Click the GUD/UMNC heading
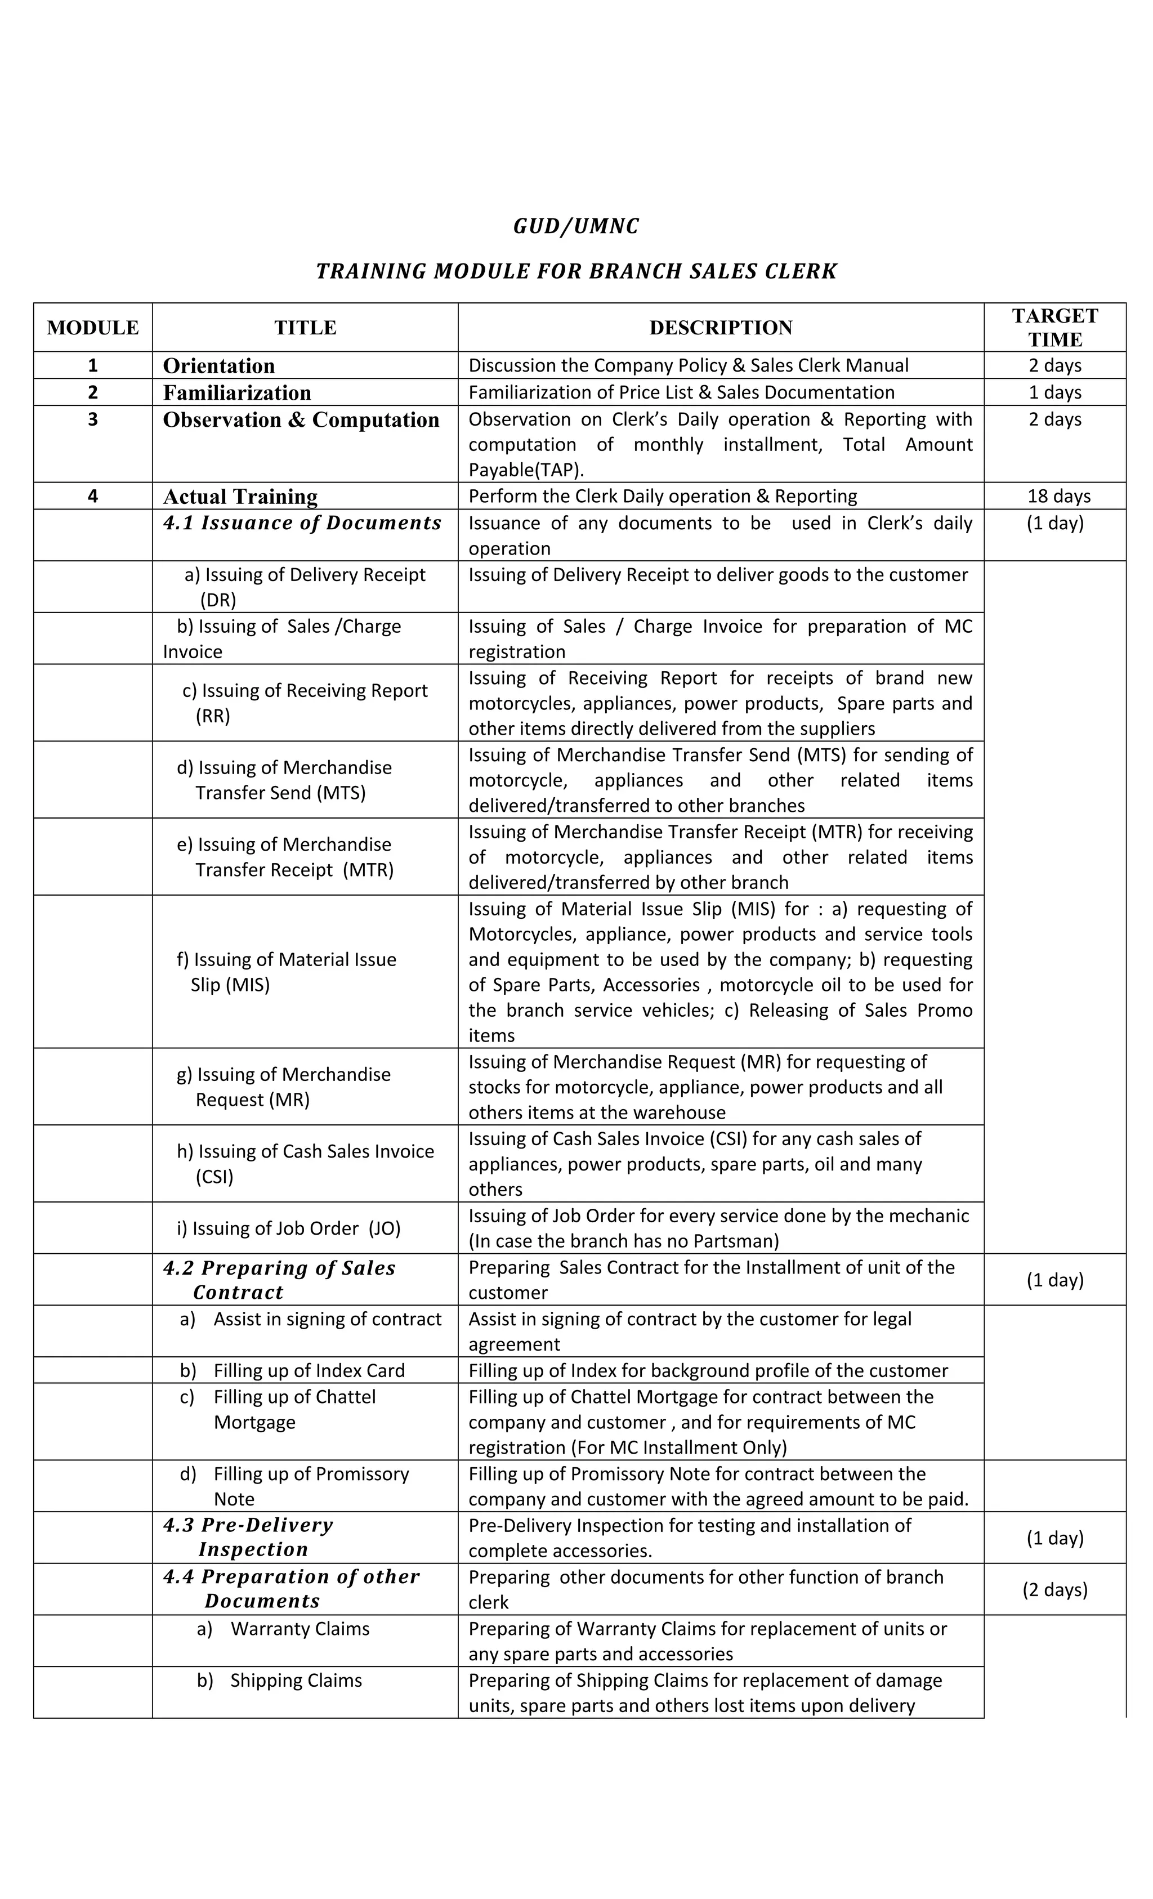click(576, 226)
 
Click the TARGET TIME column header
click(1054, 328)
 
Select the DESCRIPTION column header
click(721, 328)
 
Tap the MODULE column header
click(92, 328)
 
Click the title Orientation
click(219, 365)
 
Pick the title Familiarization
click(236, 392)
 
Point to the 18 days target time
click(1054, 497)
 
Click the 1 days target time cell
click(1054, 392)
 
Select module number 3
click(92, 419)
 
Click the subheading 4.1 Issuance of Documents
click(302, 522)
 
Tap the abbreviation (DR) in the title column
click(218, 600)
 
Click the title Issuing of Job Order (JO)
click(289, 1228)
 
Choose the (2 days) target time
click(1054, 1589)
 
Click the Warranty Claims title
click(300, 1629)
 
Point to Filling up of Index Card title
click(309, 1370)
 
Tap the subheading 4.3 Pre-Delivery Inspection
click(248, 1537)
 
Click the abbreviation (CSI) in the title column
click(214, 1177)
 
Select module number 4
click(92, 497)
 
